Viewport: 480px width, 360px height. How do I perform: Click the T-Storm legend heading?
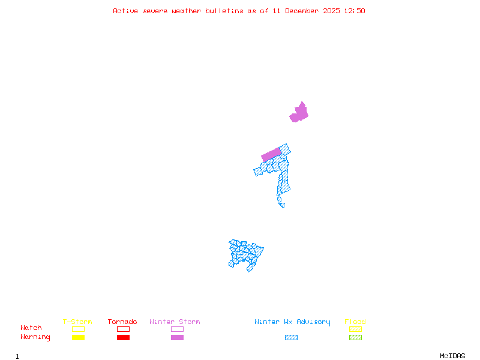tap(77, 322)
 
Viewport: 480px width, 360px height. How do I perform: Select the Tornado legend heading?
tap(122, 322)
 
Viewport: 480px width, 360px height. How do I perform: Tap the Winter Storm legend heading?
tap(175, 322)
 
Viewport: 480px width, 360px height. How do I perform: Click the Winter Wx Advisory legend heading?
tap(292, 322)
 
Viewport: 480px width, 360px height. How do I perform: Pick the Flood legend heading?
tap(355, 322)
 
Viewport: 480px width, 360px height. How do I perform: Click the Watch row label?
tap(31, 328)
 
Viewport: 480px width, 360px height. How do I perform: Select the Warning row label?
tap(35, 337)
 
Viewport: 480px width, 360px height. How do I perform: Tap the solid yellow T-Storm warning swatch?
tap(78, 338)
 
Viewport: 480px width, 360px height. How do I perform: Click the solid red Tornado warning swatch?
tap(123, 338)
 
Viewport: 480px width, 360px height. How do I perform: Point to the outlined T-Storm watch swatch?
tap(78, 329)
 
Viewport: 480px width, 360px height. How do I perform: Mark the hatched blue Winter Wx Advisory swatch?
tap(291, 338)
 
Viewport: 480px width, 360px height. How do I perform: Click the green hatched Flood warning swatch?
tap(355, 338)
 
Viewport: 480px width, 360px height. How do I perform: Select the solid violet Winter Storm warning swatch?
tap(177, 338)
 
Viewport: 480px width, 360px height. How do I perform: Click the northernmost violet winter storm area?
tap(299, 112)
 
